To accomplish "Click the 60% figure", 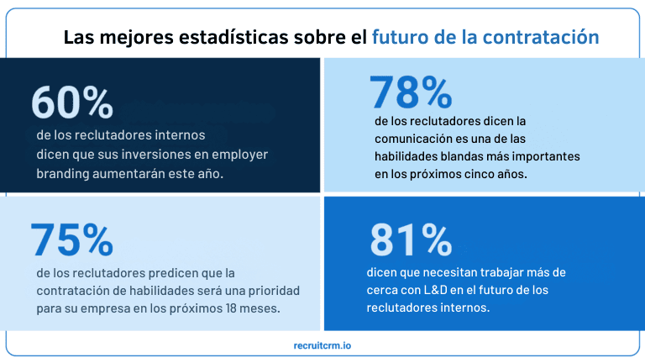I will click(x=72, y=103).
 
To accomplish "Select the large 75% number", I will click(x=72, y=239).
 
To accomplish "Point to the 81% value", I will click(x=412, y=241).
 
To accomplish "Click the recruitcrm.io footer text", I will click(x=323, y=345).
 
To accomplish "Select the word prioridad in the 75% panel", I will click(x=270, y=290).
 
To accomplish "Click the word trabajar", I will click(x=506, y=273).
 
